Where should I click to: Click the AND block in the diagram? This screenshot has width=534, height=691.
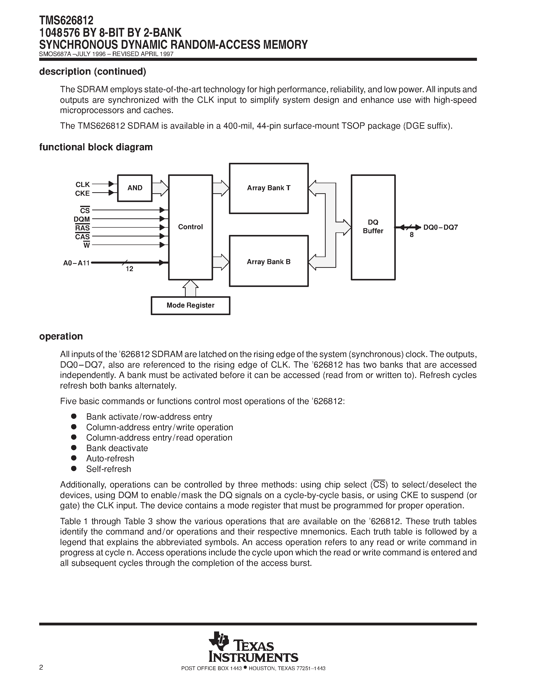click(x=135, y=188)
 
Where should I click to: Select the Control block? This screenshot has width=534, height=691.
click(x=190, y=227)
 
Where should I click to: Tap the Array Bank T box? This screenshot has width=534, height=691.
click(x=269, y=188)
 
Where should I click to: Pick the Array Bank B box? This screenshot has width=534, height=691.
click(x=269, y=261)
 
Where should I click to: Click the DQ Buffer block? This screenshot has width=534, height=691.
click(x=373, y=227)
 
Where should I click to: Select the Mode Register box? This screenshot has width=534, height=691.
click(x=190, y=305)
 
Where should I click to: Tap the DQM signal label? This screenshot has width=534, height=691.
click(x=82, y=219)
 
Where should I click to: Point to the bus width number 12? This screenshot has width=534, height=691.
click(x=129, y=269)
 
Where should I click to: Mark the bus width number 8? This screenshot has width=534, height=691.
click(x=412, y=235)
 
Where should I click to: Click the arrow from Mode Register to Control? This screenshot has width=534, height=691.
click(x=190, y=288)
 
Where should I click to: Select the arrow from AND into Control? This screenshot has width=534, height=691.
click(x=160, y=188)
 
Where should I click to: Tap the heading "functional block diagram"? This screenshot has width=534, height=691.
click(x=96, y=147)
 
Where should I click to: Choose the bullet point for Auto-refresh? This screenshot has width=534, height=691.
click(x=74, y=458)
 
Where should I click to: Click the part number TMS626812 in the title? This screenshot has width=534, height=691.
click(x=66, y=21)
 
